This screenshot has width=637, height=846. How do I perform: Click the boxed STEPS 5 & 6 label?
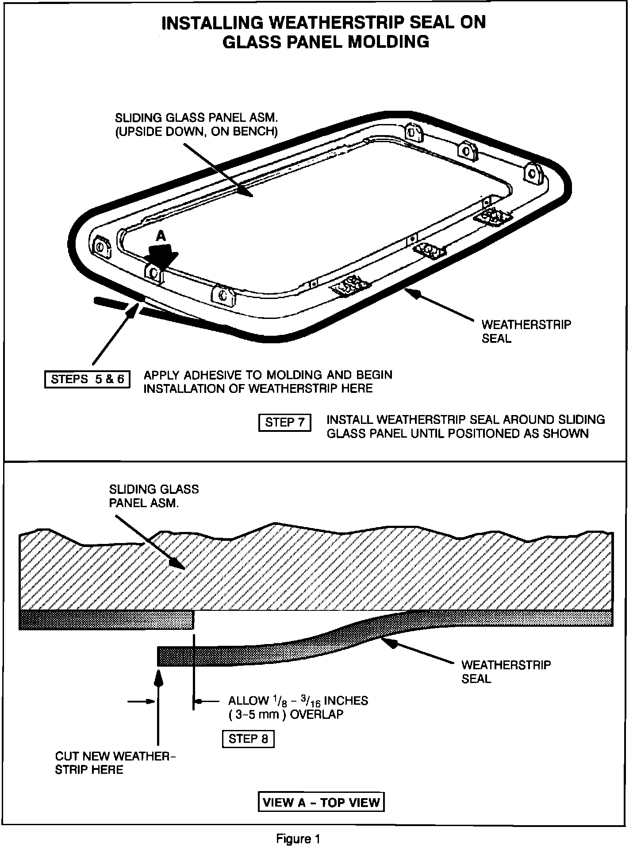tap(87, 380)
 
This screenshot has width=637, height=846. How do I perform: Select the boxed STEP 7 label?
tap(284, 422)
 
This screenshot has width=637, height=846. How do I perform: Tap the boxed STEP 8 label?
tap(248, 738)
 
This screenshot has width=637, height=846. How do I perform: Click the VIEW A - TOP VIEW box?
tap(321, 802)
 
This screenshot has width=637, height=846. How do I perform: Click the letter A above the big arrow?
tap(161, 237)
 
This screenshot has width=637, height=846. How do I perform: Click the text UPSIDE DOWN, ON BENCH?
tap(197, 132)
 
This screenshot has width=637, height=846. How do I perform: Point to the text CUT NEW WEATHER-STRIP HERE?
tap(115, 762)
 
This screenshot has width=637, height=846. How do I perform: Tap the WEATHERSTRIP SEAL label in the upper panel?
tap(526, 331)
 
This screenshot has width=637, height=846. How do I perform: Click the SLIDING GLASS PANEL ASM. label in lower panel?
tap(153, 496)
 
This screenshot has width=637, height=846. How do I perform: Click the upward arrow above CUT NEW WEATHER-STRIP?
tap(158, 709)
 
